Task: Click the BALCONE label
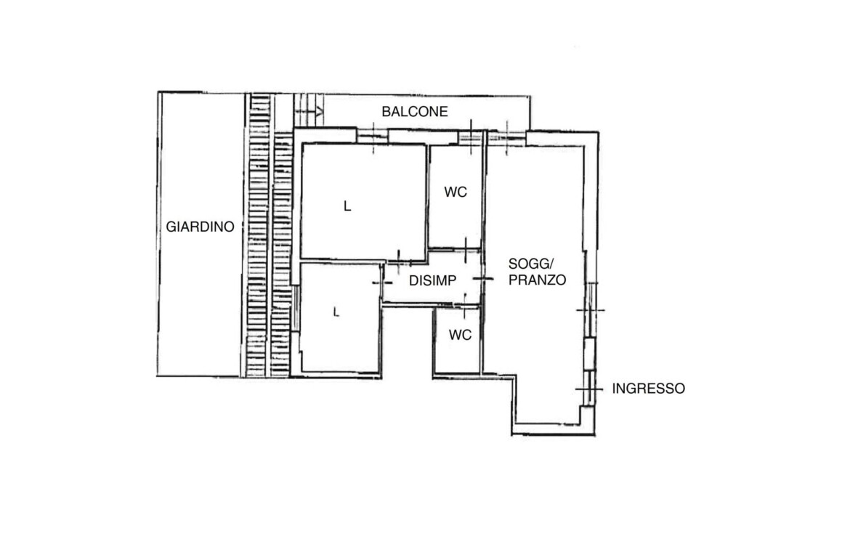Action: click(x=415, y=112)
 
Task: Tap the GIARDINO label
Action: click(x=200, y=227)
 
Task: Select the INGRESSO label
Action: click(x=648, y=389)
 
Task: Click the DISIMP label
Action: click(x=432, y=281)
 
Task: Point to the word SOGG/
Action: click(x=531, y=264)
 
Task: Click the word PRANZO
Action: click(x=537, y=280)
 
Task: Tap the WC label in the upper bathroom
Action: click(x=456, y=192)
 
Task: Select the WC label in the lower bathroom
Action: click(x=461, y=336)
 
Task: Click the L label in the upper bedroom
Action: click(x=347, y=206)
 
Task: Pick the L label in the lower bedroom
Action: click(x=336, y=313)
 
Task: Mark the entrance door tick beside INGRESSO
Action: click(x=589, y=389)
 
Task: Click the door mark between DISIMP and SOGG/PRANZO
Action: click(x=484, y=279)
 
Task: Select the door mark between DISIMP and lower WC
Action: click(x=464, y=306)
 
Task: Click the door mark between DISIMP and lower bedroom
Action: click(x=383, y=283)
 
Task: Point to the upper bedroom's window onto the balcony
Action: click(x=373, y=137)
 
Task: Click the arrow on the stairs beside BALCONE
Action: click(x=309, y=112)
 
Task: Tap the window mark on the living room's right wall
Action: click(x=591, y=310)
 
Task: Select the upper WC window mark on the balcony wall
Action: click(x=471, y=138)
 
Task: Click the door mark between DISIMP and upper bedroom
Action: click(x=399, y=261)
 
